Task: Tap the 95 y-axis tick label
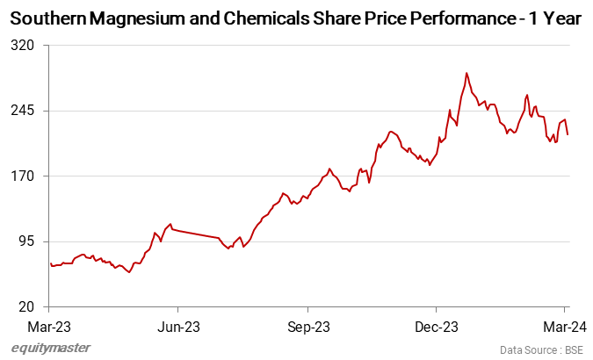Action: pyautogui.click(x=24, y=241)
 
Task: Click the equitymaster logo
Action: pyautogui.click(x=51, y=348)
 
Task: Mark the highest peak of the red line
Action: pyautogui.click(x=466, y=73)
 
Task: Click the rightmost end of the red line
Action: pyautogui.click(x=568, y=134)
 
